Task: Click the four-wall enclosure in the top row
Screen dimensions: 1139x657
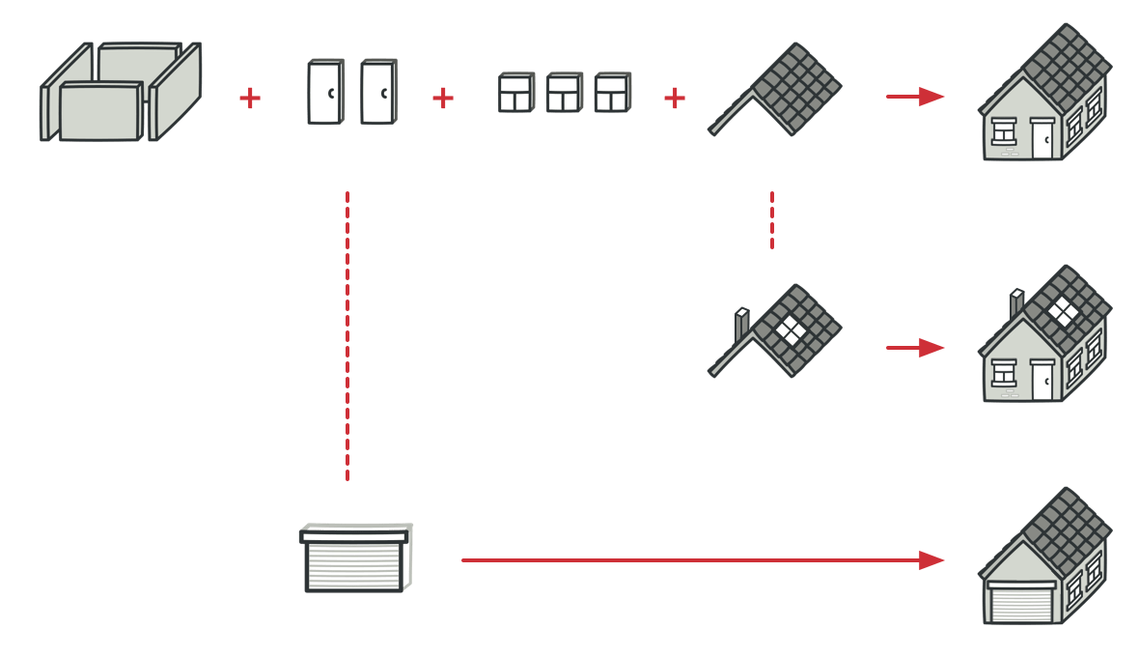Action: tap(120, 93)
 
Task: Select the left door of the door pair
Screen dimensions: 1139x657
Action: tap(325, 92)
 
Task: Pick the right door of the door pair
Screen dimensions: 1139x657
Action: tap(378, 92)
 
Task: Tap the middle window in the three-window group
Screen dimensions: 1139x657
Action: tap(564, 93)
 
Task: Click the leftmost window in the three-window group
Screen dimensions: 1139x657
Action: tap(515, 93)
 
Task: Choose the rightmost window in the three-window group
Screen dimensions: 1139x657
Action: tap(612, 93)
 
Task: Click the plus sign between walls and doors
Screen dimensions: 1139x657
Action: tap(250, 98)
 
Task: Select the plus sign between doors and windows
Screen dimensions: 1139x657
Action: tap(443, 98)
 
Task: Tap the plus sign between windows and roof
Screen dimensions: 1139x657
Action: tap(675, 98)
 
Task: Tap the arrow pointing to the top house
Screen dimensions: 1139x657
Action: tap(914, 97)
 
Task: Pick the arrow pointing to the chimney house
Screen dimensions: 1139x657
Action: tap(914, 348)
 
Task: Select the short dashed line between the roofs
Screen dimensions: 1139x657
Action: tap(772, 219)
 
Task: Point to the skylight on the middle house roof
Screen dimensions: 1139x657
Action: tap(1064, 310)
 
